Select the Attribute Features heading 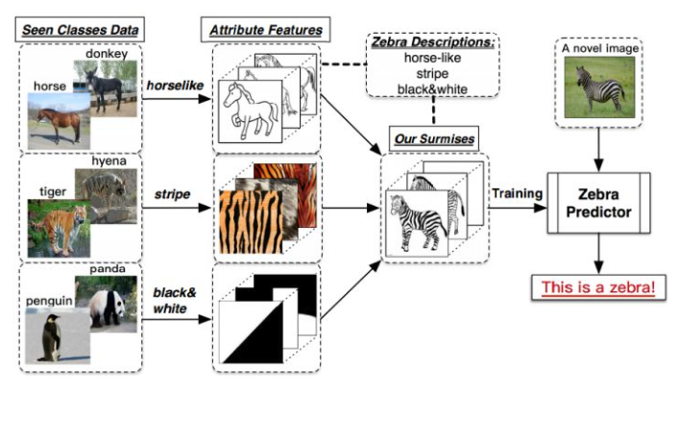click(x=265, y=28)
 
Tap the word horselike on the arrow click(x=174, y=86)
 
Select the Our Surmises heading click(x=435, y=139)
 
